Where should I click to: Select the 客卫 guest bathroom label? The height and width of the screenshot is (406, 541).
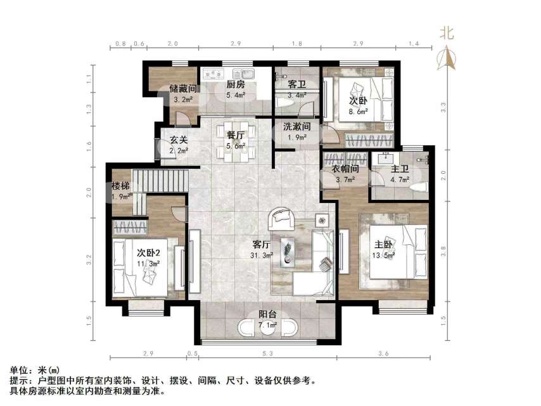(x=296, y=84)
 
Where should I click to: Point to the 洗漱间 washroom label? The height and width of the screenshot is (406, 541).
(x=296, y=126)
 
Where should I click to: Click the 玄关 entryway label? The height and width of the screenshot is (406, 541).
(x=178, y=140)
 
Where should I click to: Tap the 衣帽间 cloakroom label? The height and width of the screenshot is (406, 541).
(x=347, y=169)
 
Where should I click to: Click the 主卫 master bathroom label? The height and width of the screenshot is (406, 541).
(x=400, y=169)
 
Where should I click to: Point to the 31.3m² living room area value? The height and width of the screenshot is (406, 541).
(x=262, y=255)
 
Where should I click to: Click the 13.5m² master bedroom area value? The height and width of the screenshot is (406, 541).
(x=385, y=255)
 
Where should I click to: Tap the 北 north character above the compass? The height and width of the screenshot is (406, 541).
(x=447, y=34)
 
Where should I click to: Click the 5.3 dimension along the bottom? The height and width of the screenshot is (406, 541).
(x=267, y=353)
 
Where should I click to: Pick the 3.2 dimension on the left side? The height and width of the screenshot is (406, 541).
(x=89, y=259)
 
